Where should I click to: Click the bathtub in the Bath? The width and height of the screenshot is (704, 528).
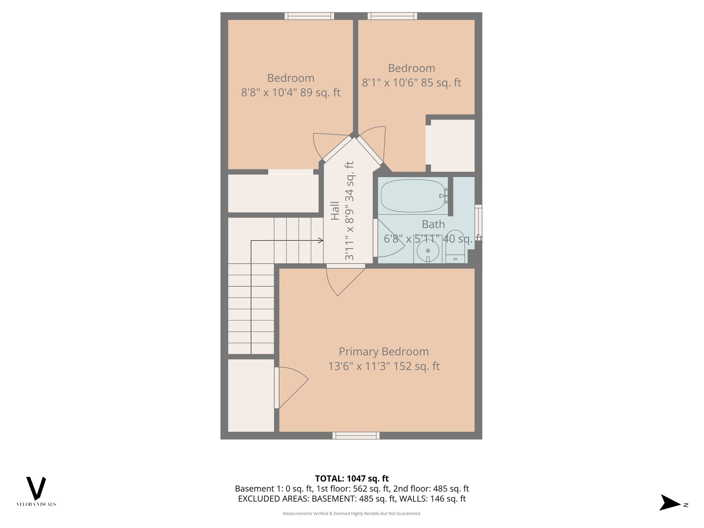[x=412, y=196]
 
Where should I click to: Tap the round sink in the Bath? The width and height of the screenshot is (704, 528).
[x=428, y=251]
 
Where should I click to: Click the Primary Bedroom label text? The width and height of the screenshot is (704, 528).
[x=384, y=352]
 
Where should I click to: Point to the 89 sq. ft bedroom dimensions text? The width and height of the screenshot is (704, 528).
[x=290, y=92]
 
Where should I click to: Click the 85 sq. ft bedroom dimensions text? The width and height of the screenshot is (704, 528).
[x=411, y=83]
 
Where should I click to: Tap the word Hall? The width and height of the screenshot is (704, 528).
[x=335, y=211]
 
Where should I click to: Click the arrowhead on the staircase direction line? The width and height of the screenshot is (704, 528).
[x=321, y=241]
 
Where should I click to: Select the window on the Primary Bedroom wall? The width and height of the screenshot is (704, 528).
[x=356, y=436]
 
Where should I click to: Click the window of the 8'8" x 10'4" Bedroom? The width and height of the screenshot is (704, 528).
[x=309, y=16]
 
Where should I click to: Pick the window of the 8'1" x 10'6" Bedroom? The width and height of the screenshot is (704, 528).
[x=392, y=16]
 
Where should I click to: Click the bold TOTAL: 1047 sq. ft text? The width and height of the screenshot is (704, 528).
[x=352, y=478]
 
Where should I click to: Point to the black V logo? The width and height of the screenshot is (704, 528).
[x=36, y=488]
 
